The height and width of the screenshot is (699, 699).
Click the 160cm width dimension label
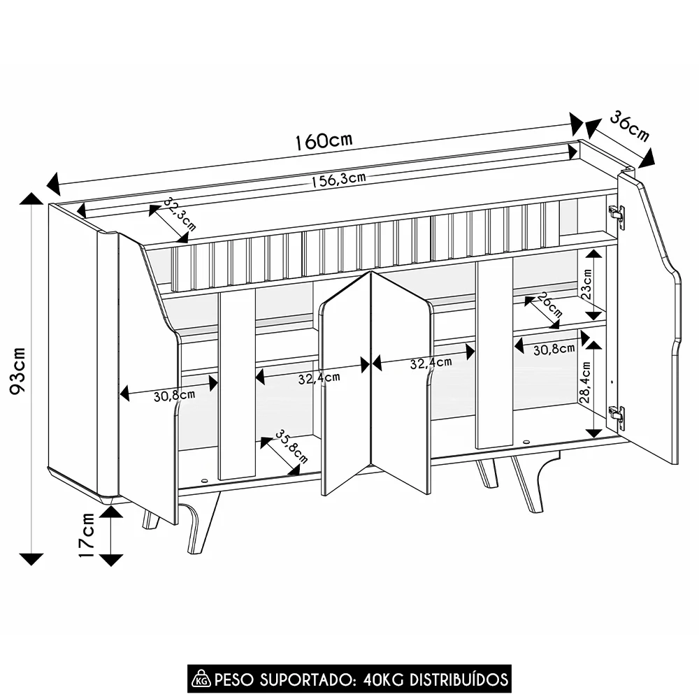click(323, 140)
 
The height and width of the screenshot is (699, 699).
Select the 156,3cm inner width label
click(338, 180)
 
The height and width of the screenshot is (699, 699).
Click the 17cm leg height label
click(86, 535)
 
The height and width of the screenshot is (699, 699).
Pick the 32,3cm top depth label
click(180, 214)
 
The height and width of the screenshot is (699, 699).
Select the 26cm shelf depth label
click(551, 305)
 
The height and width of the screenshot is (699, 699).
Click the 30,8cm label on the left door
click(174, 396)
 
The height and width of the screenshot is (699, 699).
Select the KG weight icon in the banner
click(201, 678)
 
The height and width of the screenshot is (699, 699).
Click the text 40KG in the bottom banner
click(382, 678)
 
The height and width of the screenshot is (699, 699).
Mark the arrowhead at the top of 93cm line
click(31, 199)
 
